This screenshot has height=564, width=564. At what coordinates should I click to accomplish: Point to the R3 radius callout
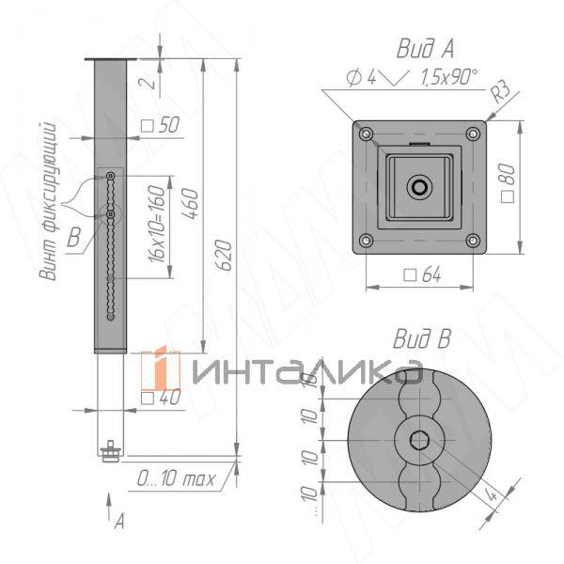point(502,91)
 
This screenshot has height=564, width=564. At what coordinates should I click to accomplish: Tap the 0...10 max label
point(175,478)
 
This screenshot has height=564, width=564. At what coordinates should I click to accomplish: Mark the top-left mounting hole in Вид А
point(365,133)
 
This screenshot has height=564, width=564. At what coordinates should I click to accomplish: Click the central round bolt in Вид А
point(419,187)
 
